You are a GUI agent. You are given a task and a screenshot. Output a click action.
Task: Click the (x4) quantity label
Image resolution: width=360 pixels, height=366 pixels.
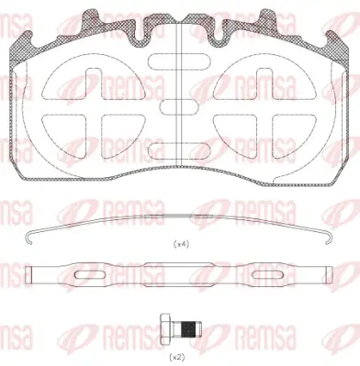coord(181,244)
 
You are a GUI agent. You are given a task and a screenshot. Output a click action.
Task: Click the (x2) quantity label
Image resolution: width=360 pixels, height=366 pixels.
coord(177,357)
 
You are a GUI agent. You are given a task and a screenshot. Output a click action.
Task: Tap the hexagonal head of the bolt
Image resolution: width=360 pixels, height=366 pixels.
coord(165,329)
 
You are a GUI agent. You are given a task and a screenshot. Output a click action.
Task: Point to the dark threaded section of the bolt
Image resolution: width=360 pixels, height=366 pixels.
coord(188,329)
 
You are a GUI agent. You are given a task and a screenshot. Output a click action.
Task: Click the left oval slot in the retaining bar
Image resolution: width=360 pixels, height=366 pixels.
coord(90,275)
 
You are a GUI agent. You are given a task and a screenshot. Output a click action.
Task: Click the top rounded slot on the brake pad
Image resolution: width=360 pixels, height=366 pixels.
coord(179,61)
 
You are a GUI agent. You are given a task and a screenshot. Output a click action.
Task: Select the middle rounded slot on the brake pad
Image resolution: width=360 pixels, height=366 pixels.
coord(179,107)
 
